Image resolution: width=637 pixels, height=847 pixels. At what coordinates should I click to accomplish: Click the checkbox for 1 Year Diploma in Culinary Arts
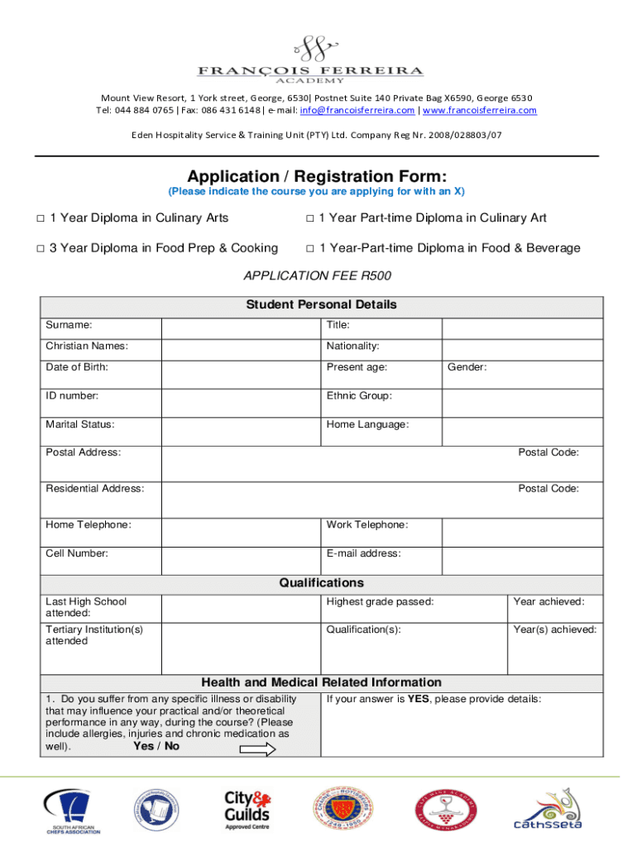pos(40,218)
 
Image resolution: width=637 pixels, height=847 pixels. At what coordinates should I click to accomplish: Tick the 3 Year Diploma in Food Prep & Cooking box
pos(40,248)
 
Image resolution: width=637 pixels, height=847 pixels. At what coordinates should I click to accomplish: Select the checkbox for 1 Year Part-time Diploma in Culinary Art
pos(309,218)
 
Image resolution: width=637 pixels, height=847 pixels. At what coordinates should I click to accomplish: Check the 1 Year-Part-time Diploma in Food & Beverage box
pos(309,248)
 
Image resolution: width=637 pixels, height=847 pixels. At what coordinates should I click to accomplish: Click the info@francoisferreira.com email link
pos(357,110)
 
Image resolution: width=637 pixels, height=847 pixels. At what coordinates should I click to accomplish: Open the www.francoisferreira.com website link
pos(479,110)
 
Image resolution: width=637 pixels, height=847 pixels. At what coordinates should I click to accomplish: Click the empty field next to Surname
pos(240,326)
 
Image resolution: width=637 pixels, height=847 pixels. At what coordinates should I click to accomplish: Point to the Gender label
pos(467,366)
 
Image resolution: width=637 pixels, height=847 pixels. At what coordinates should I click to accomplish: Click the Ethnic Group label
pos(359,395)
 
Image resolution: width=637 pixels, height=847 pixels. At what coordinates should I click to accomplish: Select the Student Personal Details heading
pos(321,304)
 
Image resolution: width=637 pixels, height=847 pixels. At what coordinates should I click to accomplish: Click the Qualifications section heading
pos(321,583)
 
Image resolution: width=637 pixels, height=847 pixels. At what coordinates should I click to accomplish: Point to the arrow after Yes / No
pos(257,749)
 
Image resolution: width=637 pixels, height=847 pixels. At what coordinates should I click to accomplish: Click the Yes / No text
pos(156,746)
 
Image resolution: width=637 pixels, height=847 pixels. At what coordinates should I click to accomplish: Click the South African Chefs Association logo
pos(73,811)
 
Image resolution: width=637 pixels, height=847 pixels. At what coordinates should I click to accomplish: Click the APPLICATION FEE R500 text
pos(317,275)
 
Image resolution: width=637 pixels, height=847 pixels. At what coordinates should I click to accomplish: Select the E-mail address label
pos(363,553)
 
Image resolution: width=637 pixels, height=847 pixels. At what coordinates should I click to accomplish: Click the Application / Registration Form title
pos(317,176)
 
